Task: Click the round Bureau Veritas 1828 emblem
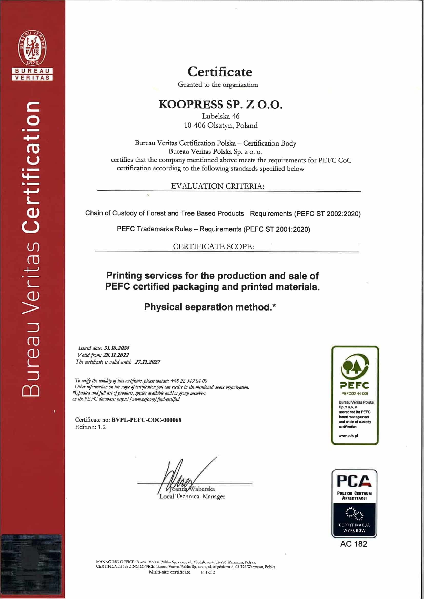tap(32, 48)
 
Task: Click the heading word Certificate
tap(220, 72)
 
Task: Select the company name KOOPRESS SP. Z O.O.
tap(221, 104)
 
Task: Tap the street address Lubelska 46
tap(221, 116)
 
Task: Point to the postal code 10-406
tap(195, 126)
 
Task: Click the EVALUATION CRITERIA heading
tap(217, 186)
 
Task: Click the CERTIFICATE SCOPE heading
tap(213, 246)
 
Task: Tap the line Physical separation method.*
tap(210, 307)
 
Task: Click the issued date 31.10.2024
tap(116, 348)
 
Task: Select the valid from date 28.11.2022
tap(116, 355)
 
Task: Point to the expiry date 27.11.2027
tap(147, 362)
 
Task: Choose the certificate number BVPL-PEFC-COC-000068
tap(146, 420)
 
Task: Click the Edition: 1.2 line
tap(90, 427)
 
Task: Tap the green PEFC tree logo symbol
tap(355, 367)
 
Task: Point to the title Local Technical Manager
tap(193, 497)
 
